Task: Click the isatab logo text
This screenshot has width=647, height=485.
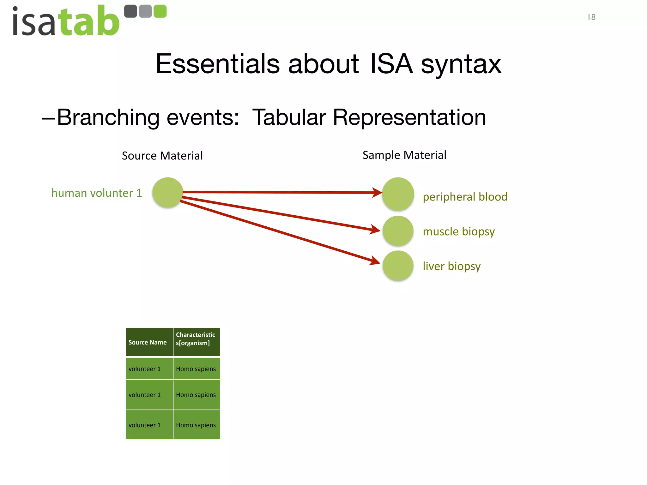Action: click(66, 21)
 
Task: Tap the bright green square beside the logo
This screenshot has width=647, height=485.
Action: click(160, 11)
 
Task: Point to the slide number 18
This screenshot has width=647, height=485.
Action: click(591, 17)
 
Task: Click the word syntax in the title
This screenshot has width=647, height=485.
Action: click(461, 64)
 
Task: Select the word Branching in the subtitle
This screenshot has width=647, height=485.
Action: click(108, 117)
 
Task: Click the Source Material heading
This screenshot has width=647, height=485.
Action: click(162, 156)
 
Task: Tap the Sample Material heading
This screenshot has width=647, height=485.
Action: click(404, 155)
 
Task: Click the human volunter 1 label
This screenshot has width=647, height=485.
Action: click(97, 193)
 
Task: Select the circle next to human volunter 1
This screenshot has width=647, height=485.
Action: click(167, 192)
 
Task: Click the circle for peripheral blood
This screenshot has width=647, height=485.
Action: click(398, 194)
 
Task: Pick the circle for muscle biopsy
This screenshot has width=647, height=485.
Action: click(398, 231)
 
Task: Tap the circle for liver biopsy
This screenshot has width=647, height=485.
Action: click(398, 266)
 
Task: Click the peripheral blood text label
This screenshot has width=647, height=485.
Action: click(465, 197)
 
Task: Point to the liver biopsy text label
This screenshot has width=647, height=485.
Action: click(451, 266)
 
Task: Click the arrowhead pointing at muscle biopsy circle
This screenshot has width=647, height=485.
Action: click(376, 230)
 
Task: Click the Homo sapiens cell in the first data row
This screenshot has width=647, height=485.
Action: click(196, 369)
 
